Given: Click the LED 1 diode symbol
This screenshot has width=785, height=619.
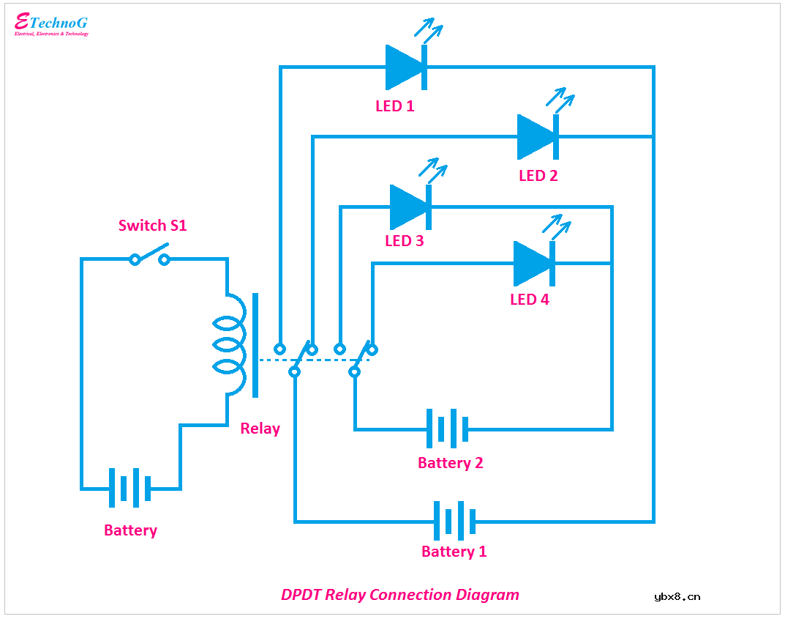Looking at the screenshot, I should pyautogui.click(x=405, y=67).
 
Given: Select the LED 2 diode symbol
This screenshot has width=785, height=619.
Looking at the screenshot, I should pyautogui.click(x=538, y=137).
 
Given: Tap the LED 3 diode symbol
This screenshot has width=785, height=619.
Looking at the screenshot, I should pyautogui.click(x=410, y=207).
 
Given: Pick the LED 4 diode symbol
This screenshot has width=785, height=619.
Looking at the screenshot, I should pyautogui.click(x=533, y=263).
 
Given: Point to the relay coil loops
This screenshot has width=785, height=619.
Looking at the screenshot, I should pyautogui.click(x=228, y=344).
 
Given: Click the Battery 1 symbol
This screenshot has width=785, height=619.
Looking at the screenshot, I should pyautogui.click(x=454, y=522).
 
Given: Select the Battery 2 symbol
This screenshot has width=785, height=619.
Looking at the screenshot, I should pyautogui.click(x=447, y=429).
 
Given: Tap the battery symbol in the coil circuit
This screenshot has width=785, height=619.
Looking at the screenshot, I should pyautogui.click(x=129, y=488).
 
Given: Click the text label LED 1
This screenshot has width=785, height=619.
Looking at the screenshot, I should pyautogui.click(x=395, y=106).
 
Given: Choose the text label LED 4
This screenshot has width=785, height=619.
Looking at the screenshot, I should pyautogui.click(x=530, y=300).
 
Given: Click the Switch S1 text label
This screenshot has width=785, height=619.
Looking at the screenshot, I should pyautogui.click(x=153, y=226).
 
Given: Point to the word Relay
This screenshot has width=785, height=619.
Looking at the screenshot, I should pyautogui.click(x=260, y=429).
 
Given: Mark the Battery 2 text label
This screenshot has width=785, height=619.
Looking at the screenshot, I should pyautogui.click(x=451, y=463).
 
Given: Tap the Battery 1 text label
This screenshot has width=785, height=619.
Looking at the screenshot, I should pyautogui.click(x=454, y=552).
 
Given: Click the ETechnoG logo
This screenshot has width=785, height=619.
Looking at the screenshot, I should pyautogui.click(x=51, y=24).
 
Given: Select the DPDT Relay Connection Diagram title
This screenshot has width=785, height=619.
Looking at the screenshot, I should pyautogui.click(x=400, y=595).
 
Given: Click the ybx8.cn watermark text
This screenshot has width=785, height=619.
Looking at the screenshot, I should pyautogui.click(x=677, y=596).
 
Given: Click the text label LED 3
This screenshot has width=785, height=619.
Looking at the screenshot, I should pyautogui.click(x=405, y=241).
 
